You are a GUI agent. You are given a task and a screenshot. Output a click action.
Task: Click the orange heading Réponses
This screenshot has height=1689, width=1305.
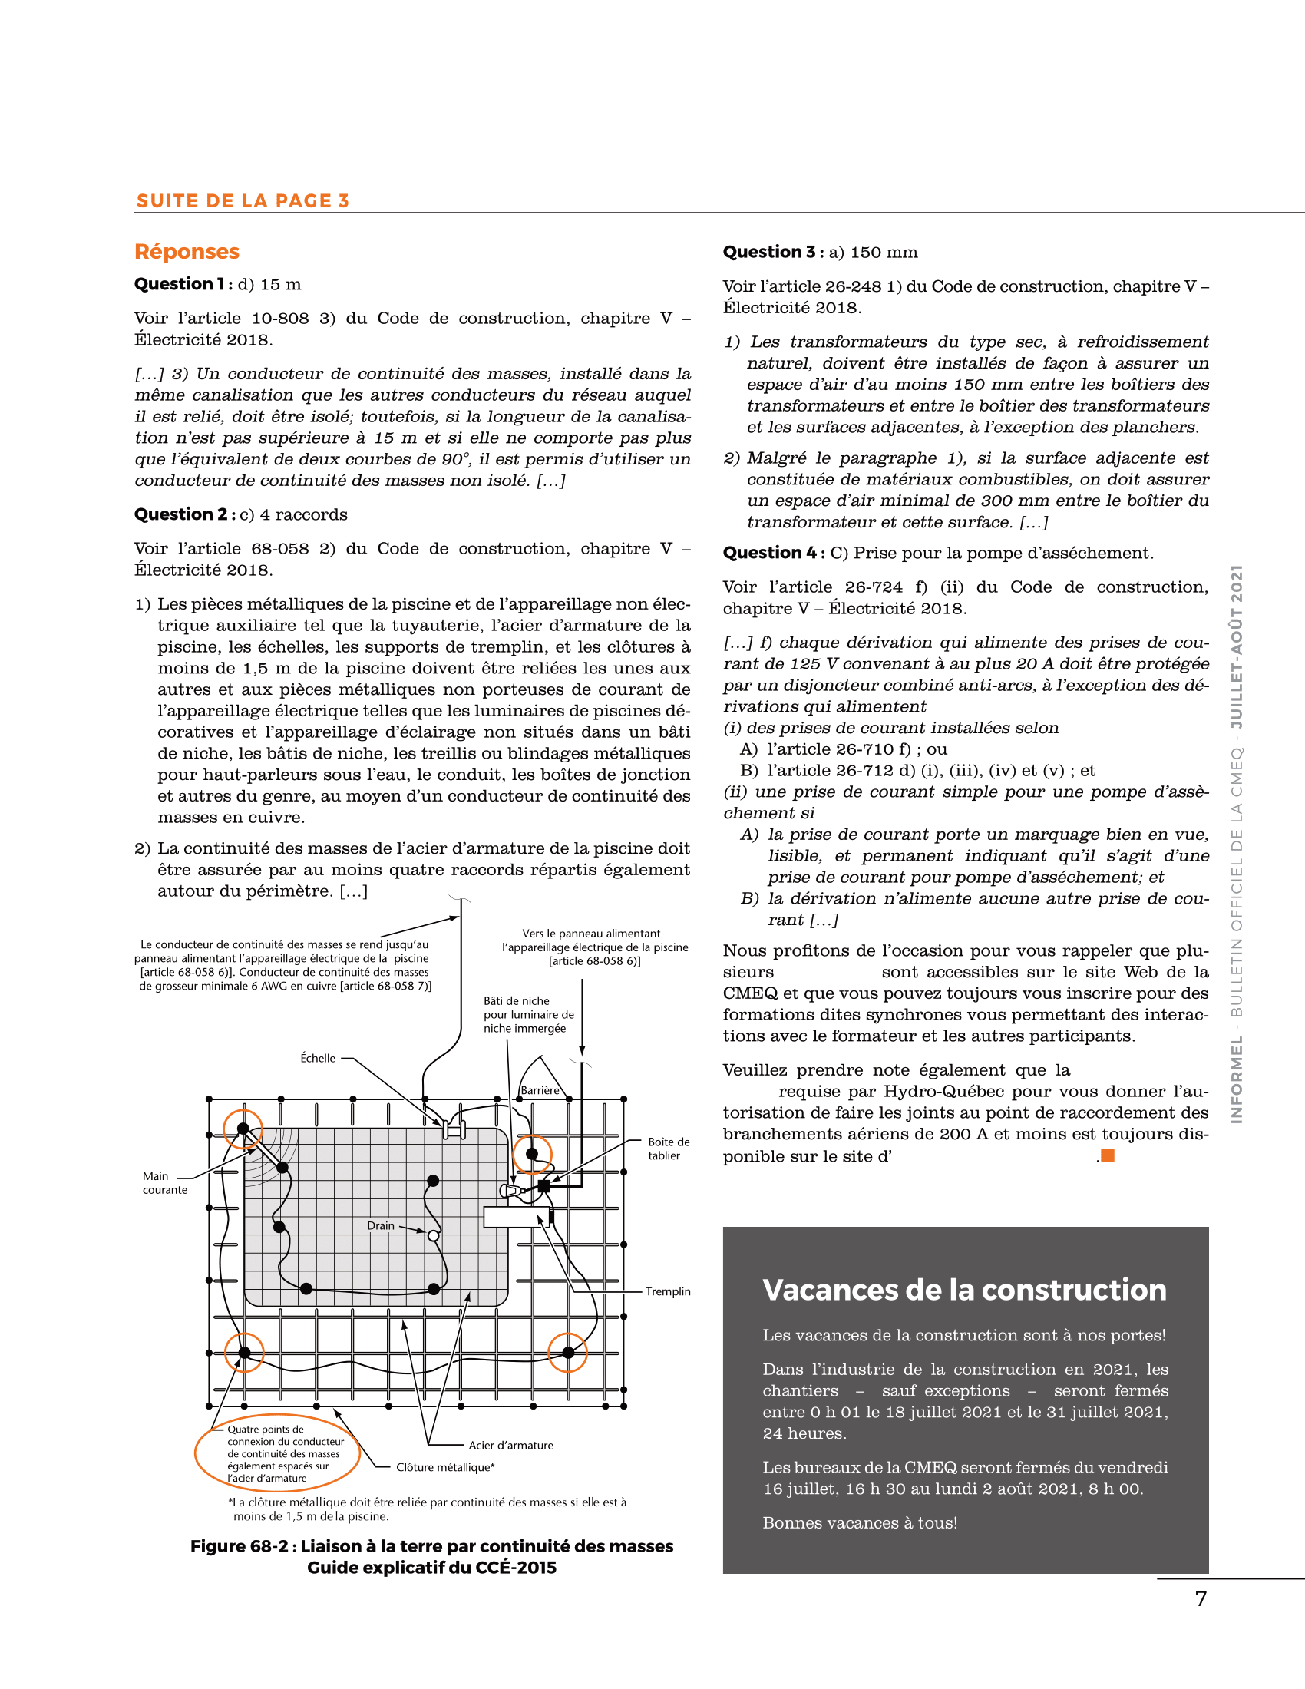coord(187,251)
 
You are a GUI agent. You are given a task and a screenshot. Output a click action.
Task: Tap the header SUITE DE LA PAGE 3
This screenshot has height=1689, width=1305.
coord(243,201)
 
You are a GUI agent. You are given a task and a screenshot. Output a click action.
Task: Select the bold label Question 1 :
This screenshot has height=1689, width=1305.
coord(184,284)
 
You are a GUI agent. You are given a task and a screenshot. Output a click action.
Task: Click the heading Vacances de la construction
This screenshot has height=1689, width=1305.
coord(964,1290)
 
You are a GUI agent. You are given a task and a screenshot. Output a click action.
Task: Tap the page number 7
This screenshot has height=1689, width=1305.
coord(1201,1599)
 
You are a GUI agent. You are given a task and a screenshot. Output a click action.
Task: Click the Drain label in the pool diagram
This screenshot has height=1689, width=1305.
coord(380,1226)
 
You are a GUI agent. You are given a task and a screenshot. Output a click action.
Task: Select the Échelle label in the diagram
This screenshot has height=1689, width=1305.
coord(318,1058)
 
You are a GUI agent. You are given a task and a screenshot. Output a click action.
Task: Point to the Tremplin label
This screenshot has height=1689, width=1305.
coord(668,1291)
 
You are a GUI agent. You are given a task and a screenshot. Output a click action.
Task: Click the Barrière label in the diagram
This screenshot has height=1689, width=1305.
coord(540,1090)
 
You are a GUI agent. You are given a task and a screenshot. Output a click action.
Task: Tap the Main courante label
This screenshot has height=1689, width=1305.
coord(165,1182)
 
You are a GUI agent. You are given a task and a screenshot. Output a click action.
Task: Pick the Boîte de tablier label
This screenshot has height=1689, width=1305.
coord(669,1149)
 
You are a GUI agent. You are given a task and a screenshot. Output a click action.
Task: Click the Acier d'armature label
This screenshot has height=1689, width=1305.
coord(511,1446)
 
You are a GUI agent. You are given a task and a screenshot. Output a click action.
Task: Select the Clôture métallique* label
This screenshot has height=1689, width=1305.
coord(445,1467)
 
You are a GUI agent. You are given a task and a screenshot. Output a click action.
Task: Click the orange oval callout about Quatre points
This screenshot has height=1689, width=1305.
coord(279,1453)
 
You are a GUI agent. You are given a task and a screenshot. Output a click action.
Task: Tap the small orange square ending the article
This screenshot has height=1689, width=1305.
coord(1108,1155)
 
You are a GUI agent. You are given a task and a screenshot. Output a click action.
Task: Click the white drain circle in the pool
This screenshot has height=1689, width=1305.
coord(434,1236)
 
